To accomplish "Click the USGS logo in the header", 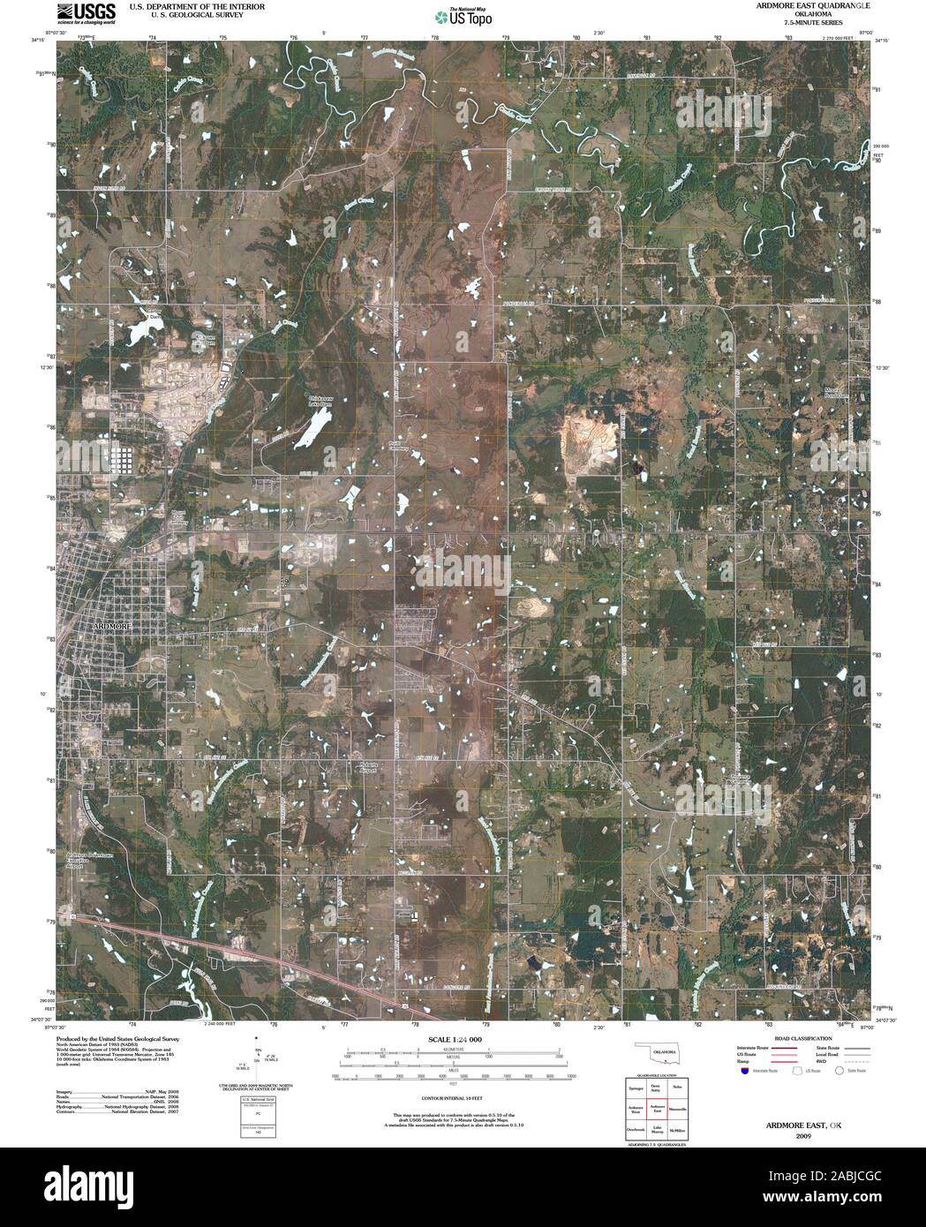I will point(87,11).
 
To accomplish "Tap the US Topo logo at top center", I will point(463,15).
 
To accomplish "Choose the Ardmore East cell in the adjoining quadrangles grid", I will point(656,1109).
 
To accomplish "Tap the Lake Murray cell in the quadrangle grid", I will point(656,1129).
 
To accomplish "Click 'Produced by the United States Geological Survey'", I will point(131,1040).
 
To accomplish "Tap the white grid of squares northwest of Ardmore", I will point(126,460).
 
